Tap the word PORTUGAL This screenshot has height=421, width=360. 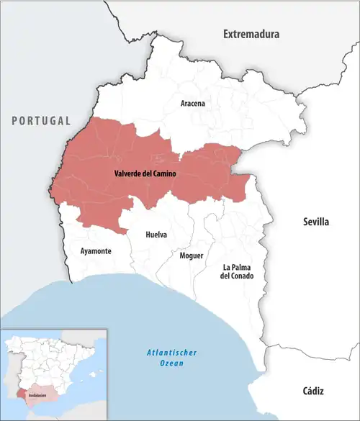coord(41,120)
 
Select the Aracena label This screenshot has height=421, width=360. coord(192,104)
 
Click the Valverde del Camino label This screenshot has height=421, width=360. coord(145,173)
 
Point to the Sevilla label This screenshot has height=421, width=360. coord(315,222)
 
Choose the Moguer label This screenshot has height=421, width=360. coord(192,255)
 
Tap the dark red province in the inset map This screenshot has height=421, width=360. coord(20,394)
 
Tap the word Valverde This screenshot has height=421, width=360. coord(128,173)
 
